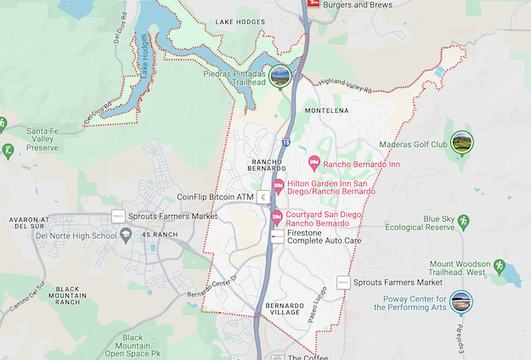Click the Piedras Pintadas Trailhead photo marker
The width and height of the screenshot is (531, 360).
tap(281, 76)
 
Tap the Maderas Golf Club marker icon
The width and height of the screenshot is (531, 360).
tap(462, 141)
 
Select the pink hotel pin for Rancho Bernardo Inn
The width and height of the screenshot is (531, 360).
tap(314, 162)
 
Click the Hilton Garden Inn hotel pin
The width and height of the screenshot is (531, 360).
tap(277, 186)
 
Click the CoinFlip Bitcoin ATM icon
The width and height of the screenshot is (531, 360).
tap(265, 197)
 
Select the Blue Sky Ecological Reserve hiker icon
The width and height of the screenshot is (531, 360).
tap(462, 222)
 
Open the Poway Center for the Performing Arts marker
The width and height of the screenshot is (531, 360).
tap(461, 301)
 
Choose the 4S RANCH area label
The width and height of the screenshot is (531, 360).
tap(160, 234)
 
